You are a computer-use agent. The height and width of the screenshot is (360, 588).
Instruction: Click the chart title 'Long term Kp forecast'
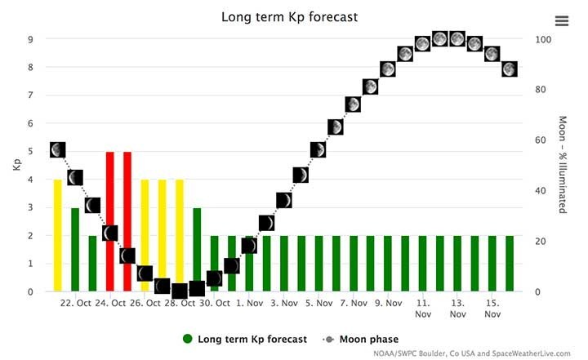[290, 16]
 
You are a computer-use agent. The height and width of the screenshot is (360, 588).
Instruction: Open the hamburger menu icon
[561, 21]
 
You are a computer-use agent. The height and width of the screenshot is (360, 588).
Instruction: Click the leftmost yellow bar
[58, 235]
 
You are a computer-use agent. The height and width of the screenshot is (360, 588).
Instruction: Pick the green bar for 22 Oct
[75, 249]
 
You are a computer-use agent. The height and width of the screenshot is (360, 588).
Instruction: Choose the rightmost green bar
[510, 263]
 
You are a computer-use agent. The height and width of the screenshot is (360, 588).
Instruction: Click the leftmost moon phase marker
[58, 150]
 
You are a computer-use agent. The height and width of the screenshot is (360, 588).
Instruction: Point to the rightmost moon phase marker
[510, 69]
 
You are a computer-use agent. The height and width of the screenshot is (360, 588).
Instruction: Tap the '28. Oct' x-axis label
[180, 304]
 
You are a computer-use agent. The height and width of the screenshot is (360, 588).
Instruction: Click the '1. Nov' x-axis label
[249, 304]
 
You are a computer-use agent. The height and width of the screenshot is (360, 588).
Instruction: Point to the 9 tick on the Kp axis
[31, 39]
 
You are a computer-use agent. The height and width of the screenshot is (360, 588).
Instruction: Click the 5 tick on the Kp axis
[31, 152]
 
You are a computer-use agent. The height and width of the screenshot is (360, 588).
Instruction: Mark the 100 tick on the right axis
[543, 39]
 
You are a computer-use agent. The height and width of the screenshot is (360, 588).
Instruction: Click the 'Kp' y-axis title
[16, 165]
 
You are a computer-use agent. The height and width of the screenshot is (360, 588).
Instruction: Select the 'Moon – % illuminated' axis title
[562, 165]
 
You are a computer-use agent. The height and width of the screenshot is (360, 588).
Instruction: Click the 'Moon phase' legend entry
[367, 339]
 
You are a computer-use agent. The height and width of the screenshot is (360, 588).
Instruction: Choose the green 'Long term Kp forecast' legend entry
[245, 339]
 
